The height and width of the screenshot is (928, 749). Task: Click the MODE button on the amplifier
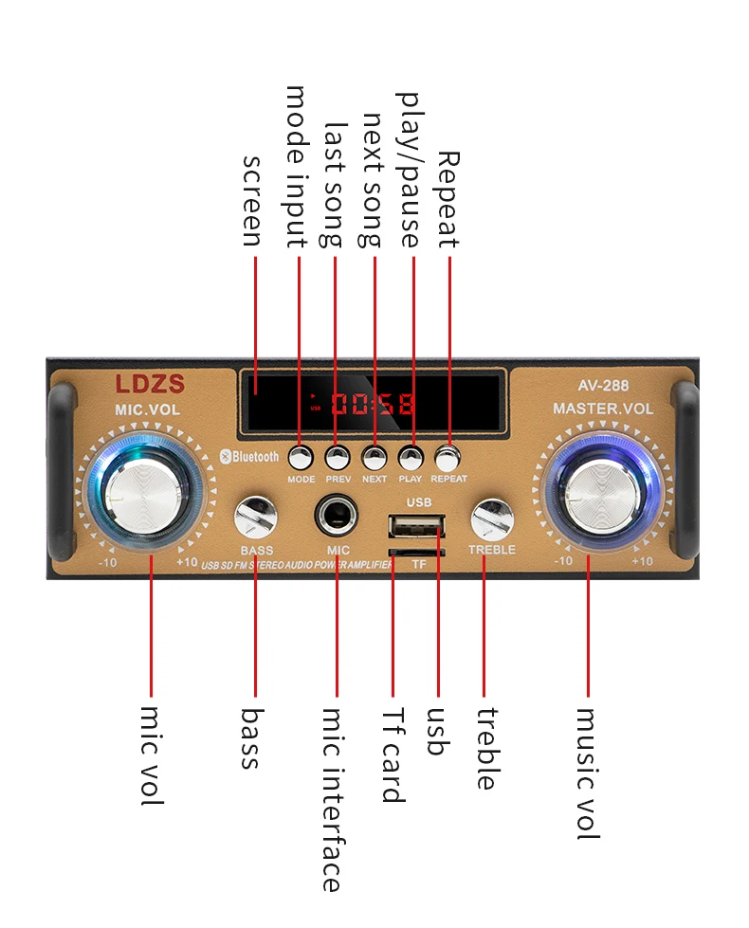click(x=301, y=458)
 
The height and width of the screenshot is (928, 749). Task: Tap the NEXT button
click(x=374, y=458)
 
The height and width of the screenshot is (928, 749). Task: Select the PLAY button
click(x=411, y=458)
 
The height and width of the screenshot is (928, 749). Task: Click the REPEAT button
click(x=448, y=459)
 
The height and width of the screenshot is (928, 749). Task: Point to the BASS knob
click(x=254, y=518)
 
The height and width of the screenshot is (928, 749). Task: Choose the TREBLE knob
click(x=491, y=519)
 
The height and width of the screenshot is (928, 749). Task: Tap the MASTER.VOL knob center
click(x=591, y=494)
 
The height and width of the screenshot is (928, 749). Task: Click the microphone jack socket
click(x=337, y=518)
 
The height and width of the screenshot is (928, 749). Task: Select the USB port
click(x=416, y=527)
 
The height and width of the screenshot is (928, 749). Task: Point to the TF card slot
click(x=416, y=551)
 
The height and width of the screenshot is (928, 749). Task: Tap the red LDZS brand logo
click(x=150, y=384)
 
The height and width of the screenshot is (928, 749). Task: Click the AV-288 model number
click(x=603, y=386)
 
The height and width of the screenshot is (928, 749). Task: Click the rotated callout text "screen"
click(x=251, y=201)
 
